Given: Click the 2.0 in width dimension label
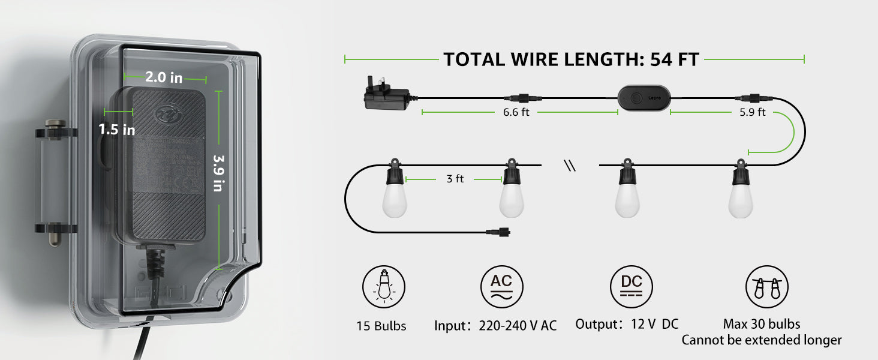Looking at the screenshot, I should (164, 77).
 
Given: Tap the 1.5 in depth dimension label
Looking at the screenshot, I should (117, 130).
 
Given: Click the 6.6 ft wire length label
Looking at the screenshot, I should (516, 112).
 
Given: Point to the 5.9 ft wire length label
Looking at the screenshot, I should (753, 112).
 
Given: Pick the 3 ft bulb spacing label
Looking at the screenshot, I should (455, 179).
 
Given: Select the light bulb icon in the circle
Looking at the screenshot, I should (383, 288).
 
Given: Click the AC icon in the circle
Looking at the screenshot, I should (501, 287).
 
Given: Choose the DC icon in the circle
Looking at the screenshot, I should (631, 287).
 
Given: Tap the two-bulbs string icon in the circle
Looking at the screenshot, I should (766, 288).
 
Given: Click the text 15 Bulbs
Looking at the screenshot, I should (381, 326).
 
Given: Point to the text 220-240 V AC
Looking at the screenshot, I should (518, 326).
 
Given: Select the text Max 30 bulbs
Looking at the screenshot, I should (762, 324).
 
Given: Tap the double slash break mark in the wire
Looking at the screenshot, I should (570, 166).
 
